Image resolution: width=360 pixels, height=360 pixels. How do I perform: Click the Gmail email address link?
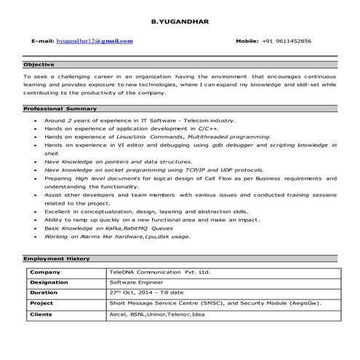[97, 41]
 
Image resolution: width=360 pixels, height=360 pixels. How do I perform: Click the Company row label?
[44, 272]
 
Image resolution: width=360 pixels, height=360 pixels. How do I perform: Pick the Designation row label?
[49, 283]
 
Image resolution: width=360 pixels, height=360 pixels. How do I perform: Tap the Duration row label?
[44, 293]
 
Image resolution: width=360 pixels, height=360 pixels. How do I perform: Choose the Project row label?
[42, 304]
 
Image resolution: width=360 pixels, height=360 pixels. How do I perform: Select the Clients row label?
[42, 315]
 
